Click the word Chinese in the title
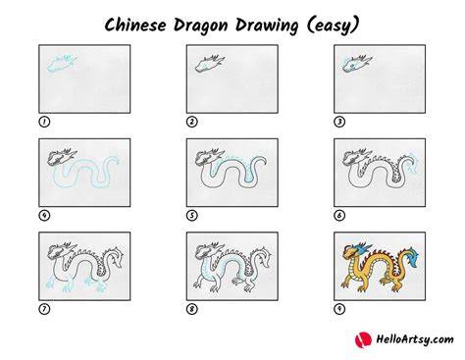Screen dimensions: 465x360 (135, 26)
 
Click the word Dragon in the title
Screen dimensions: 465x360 (200, 26)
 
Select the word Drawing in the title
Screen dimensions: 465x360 (267, 26)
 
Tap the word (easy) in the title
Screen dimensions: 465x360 (334, 26)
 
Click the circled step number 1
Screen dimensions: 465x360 (44, 122)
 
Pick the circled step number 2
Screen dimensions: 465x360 (192, 122)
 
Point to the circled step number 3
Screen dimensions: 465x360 (339, 122)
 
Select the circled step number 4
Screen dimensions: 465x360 (44, 216)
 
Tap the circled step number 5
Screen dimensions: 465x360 (192, 216)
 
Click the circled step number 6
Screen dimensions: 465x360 (339, 216)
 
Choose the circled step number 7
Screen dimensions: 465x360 (44, 309)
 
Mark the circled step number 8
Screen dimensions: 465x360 (192, 309)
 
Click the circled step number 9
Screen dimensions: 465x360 (339, 309)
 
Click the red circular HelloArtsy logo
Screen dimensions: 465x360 (363, 339)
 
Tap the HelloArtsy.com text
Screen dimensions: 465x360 (415, 339)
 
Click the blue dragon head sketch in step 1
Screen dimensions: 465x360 (62, 64)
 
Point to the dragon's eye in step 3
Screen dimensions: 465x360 (352, 66)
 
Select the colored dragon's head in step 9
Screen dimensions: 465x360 (355, 251)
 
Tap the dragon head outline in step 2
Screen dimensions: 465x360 (209, 64)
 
